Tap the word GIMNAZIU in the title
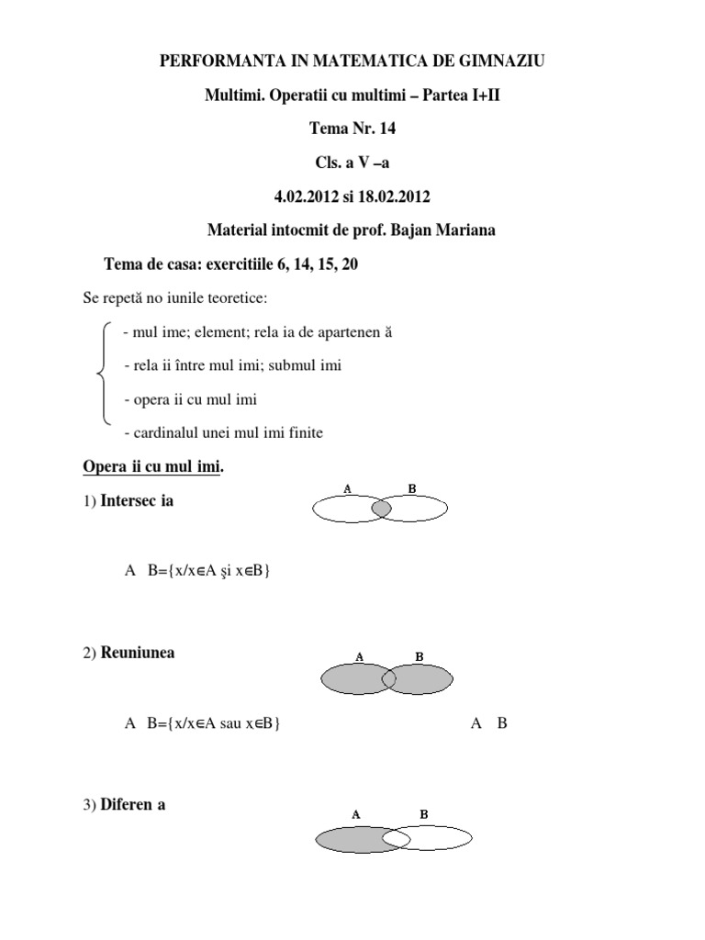coord(504,62)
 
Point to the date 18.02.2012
coord(397,196)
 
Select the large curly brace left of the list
coord(101,373)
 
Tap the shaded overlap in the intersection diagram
coord(382,508)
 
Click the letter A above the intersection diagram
coord(347,489)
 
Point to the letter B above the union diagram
coord(419,656)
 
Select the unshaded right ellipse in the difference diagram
coord(441,839)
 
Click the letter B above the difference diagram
coord(423,814)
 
